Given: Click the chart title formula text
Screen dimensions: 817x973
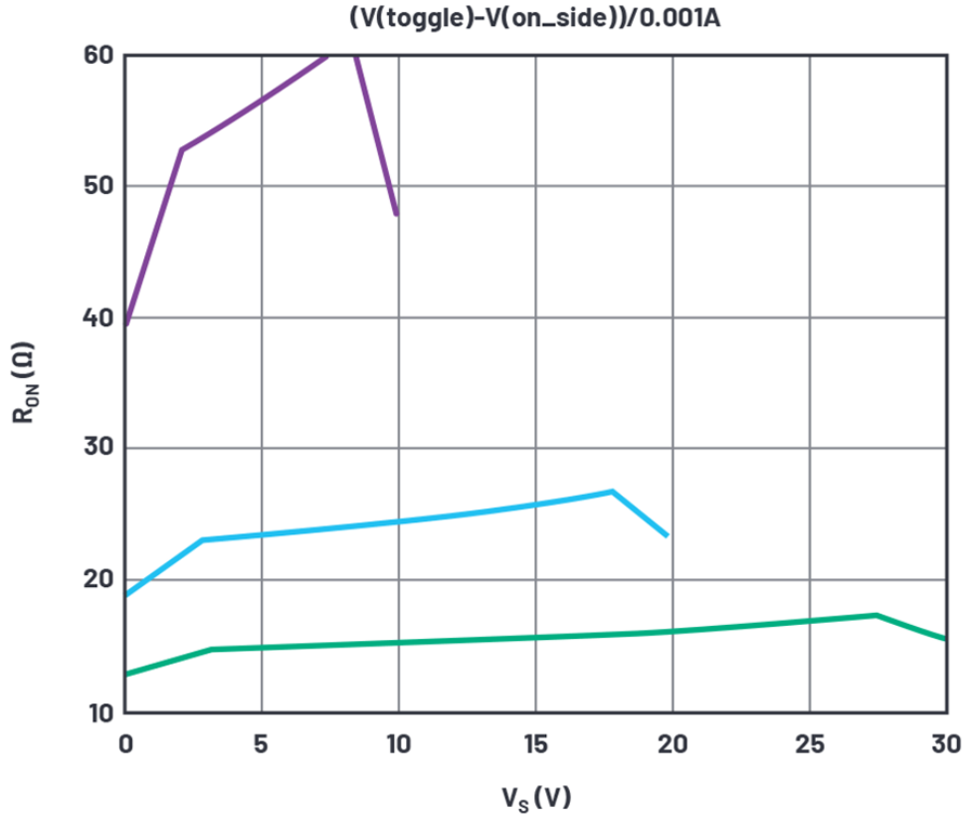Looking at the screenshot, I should [x=535, y=17].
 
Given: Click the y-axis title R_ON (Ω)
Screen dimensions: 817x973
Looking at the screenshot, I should [x=26, y=383].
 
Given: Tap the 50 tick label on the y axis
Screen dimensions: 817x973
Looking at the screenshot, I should [x=97, y=186].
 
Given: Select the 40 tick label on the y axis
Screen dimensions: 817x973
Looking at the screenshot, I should [x=97, y=317].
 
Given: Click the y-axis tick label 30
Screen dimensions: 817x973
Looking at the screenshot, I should [x=97, y=449].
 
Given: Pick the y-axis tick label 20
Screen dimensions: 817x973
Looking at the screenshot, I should [x=97, y=580].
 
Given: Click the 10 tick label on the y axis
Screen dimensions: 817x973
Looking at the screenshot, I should [x=97, y=713].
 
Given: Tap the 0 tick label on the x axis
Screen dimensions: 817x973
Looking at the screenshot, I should [x=125, y=742].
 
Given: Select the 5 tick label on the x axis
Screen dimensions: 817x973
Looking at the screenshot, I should [x=262, y=742].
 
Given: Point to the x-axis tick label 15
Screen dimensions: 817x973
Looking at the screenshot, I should [x=535, y=742].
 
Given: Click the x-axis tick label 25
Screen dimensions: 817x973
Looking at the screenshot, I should [x=809, y=742].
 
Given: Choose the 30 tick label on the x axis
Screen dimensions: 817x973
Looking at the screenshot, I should [x=945, y=742].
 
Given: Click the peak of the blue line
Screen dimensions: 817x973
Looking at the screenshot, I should [x=612, y=492].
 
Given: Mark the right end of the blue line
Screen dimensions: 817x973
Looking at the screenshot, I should [x=667, y=535].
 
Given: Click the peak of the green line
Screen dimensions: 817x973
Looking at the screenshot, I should [x=876, y=615].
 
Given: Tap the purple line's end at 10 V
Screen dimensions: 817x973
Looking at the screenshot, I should [x=397, y=214].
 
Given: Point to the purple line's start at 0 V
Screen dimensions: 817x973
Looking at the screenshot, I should [x=126, y=322].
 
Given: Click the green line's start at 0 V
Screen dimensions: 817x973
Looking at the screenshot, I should [x=126, y=674].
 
